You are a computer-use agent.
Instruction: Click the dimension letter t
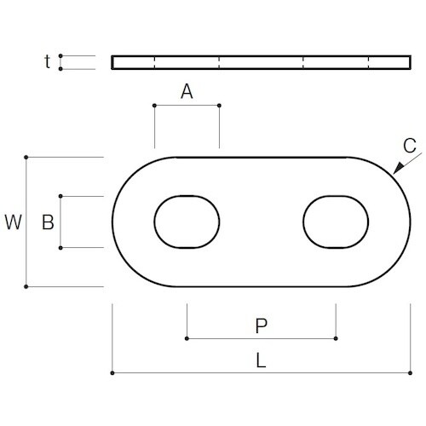coord(48,61)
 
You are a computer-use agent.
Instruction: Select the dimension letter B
coord(49,222)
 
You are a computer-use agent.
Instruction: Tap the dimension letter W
coord(13,222)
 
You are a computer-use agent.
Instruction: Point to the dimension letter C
coord(410,145)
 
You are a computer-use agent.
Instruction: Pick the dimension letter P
coord(262,325)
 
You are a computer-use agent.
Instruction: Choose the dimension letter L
coord(262,360)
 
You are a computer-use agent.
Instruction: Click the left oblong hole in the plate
coord(187,222)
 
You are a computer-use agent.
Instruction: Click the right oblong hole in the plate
coord(336,222)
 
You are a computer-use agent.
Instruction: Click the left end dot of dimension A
coord(154,106)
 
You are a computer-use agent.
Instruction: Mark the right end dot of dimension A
coord(219,106)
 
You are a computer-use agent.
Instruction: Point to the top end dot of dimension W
coord(27,157)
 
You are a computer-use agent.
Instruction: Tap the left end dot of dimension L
coord(112,372)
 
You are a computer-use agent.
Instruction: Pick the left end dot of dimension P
coord(187,338)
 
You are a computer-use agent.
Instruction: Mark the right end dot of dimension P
coord(336,338)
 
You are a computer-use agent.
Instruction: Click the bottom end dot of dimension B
coord(60,248)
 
